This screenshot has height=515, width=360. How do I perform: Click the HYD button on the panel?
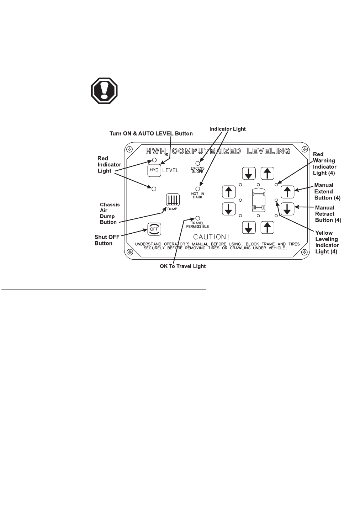click(154, 170)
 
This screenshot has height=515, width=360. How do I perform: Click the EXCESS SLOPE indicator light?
click(198, 163)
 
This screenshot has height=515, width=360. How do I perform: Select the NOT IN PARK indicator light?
click(198, 189)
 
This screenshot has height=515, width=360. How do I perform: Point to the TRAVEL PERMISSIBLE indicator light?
click(198, 218)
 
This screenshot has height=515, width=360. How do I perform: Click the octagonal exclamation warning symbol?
click(104, 91)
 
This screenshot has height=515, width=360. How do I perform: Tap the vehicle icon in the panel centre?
click(258, 200)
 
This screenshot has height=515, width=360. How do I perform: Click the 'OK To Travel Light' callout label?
click(182, 266)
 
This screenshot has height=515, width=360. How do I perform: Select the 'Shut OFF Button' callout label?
click(104, 240)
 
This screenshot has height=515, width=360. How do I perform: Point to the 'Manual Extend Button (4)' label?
click(324, 191)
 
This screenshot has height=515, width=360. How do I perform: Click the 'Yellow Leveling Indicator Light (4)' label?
click(327, 242)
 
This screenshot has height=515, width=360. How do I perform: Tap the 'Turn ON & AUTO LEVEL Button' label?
click(151, 134)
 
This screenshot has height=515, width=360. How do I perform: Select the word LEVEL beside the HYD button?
click(171, 170)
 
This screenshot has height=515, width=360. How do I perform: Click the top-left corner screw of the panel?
click(130, 149)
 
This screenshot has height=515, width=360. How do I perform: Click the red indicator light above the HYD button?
click(154, 160)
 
